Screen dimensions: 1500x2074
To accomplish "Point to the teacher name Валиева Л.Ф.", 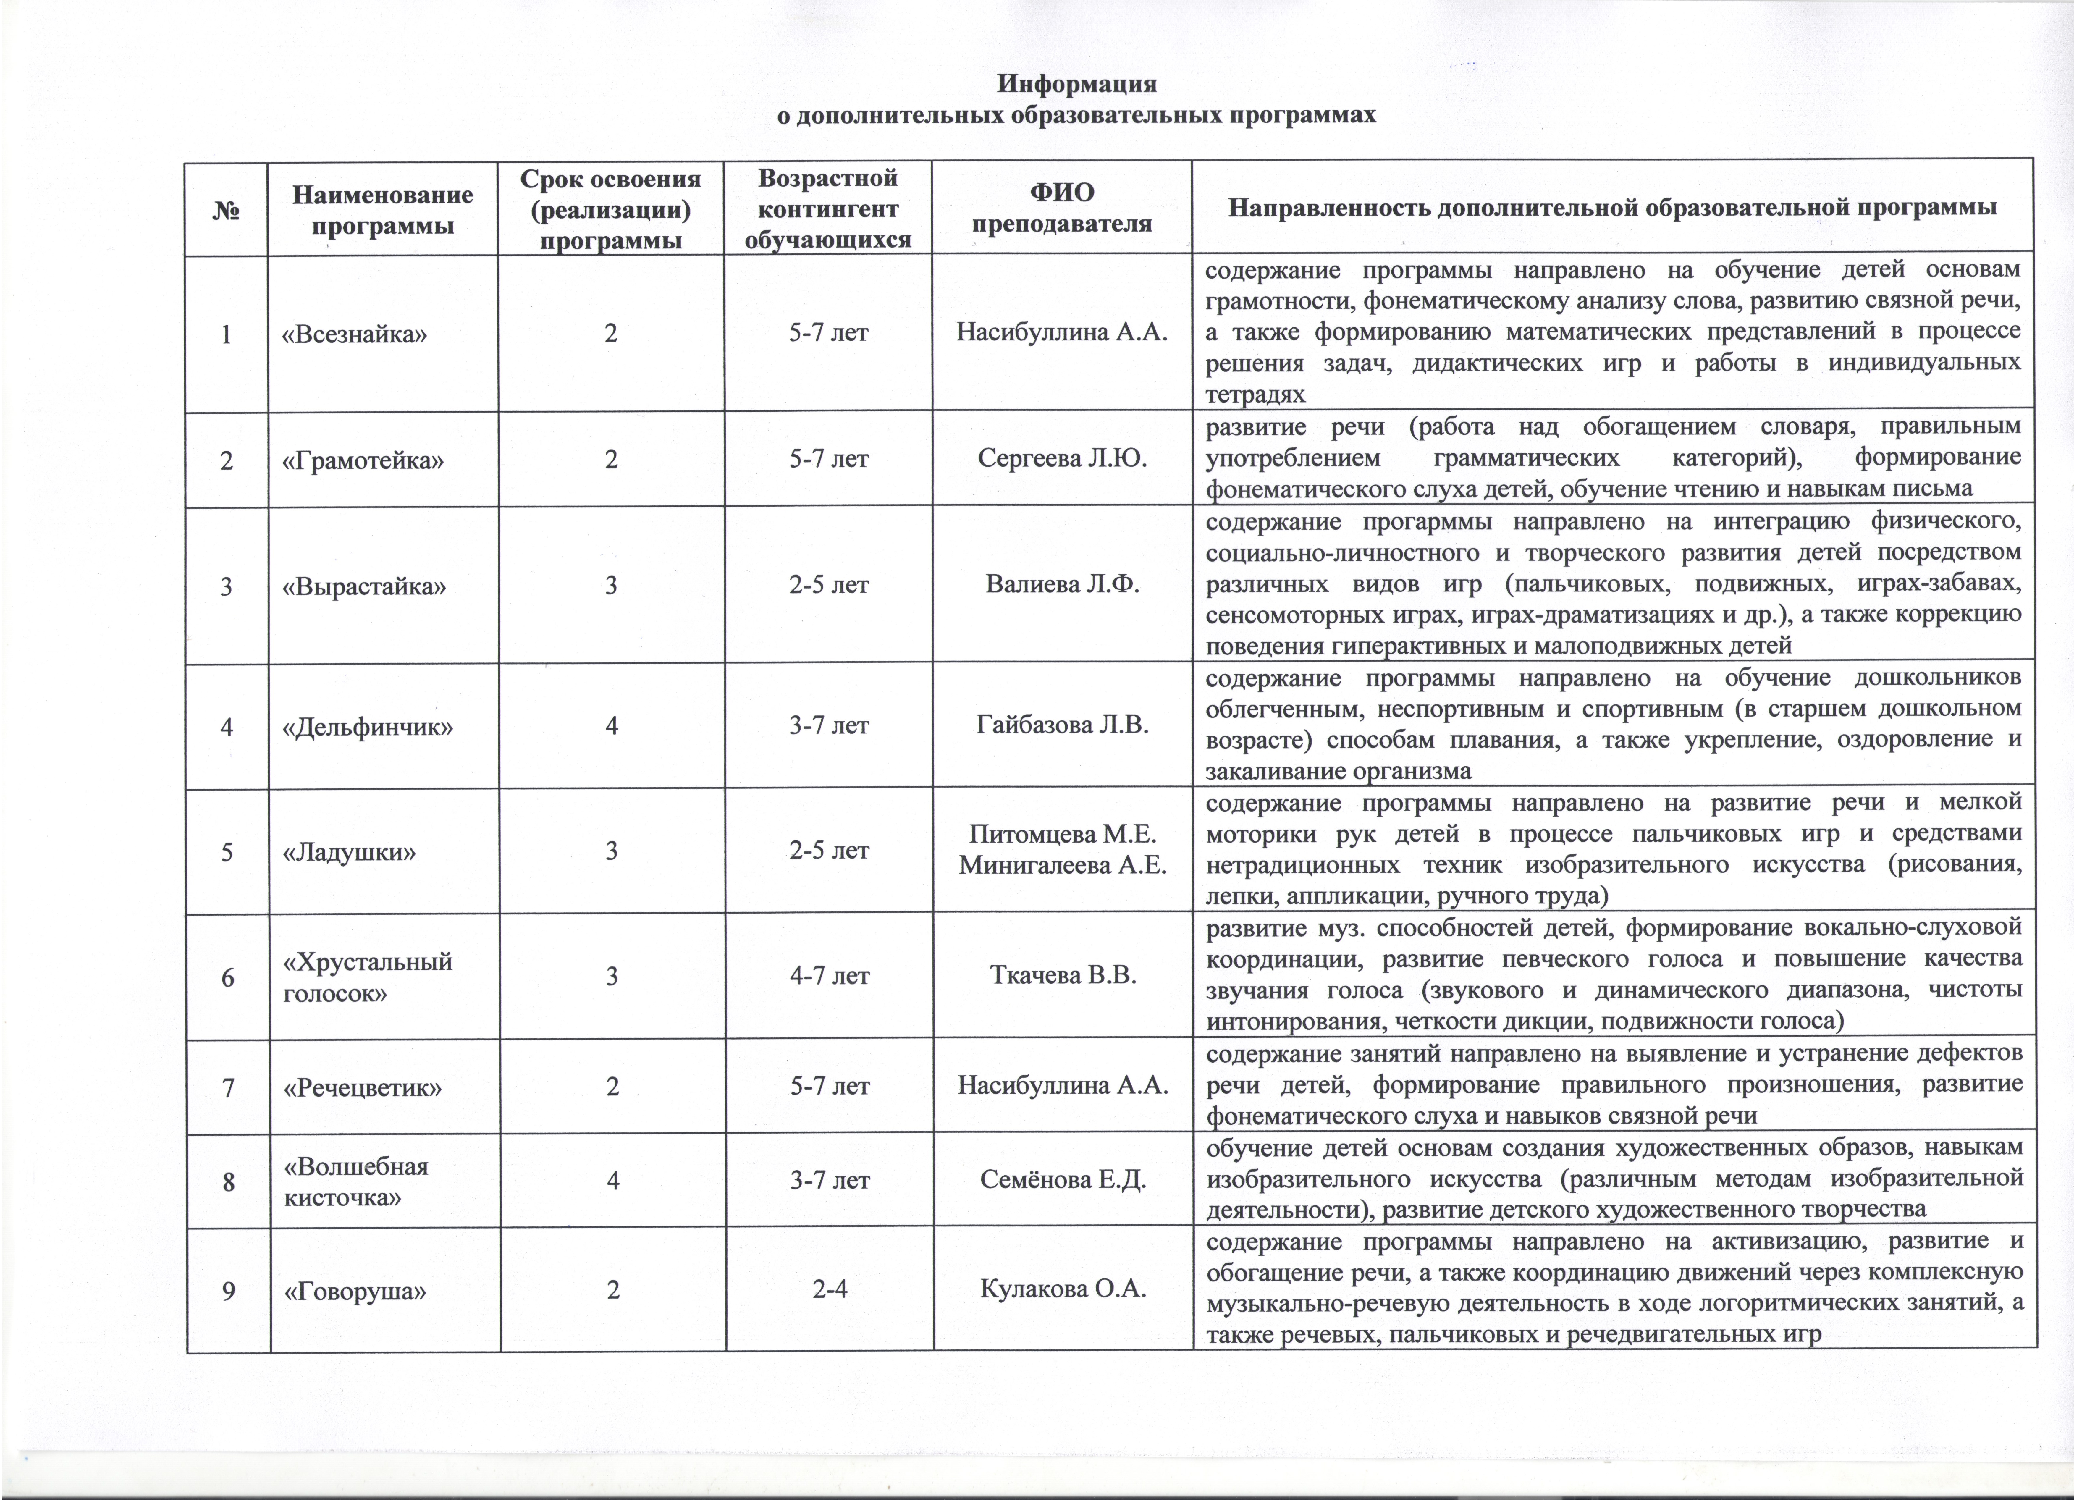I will [1063, 584].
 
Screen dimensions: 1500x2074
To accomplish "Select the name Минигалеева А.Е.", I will [1063, 865].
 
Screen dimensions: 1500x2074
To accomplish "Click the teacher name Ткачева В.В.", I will [1063, 976].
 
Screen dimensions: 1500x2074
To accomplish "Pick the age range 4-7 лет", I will [828, 976].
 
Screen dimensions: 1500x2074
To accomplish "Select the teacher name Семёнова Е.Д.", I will [1063, 1180].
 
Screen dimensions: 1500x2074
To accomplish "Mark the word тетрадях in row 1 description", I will [1255, 395].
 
